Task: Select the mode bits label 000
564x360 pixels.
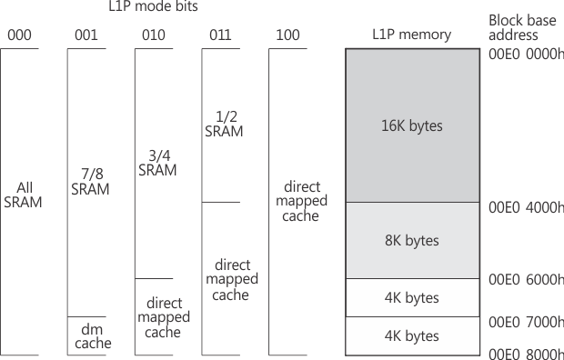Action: pos(19,35)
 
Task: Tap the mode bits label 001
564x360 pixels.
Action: pos(86,35)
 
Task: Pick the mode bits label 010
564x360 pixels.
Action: pos(154,35)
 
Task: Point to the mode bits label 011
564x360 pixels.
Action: pos(221,35)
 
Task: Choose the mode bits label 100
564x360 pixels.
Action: pos(288,35)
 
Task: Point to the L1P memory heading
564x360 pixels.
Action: pos(411,35)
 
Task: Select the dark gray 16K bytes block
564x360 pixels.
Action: pos(411,125)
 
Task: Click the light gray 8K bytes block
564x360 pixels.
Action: pos(411,241)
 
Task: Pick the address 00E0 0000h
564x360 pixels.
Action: pos(526,54)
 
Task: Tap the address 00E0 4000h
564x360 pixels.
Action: pos(526,207)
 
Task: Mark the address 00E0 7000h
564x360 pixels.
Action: pos(526,322)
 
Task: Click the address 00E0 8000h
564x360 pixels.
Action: pos(526,352)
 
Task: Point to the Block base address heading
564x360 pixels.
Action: pos(519,26)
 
